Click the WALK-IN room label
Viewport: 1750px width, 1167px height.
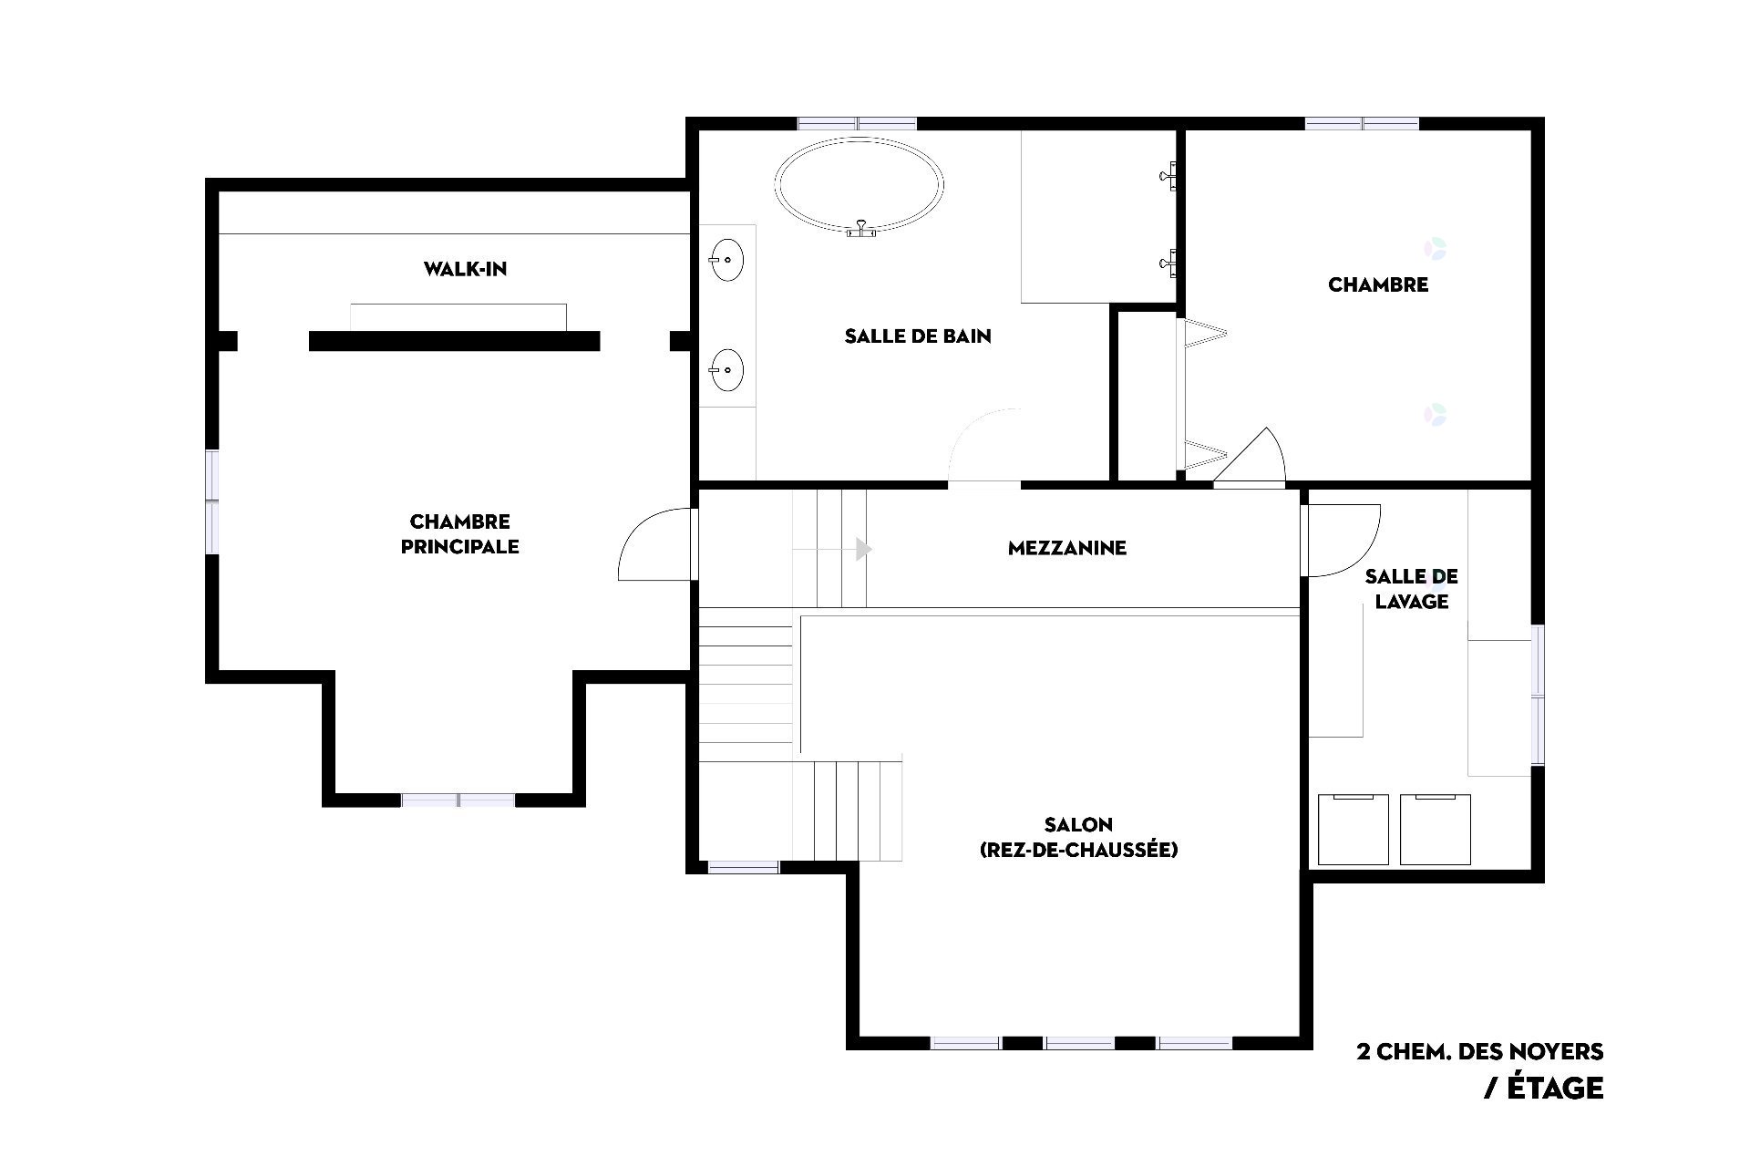(x=465, y=269)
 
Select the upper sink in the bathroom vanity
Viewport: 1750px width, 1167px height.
(x=726, y=259)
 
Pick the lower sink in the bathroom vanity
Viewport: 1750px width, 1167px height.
(x=726, y=370)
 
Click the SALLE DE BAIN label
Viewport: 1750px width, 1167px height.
(x=918, y=336)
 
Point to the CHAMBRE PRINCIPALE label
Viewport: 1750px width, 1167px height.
(x=460, y=533)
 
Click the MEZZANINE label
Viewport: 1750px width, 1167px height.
(x=1067, y=548)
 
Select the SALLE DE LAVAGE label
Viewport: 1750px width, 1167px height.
(x=1411, y=588)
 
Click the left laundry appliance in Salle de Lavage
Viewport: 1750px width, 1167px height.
(x=1354, y=830)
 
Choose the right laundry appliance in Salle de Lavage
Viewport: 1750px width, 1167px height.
(x=1436, y=830)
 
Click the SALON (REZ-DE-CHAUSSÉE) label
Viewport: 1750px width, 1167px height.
(x=1078, y=837)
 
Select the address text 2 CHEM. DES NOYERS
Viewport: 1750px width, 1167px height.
(x=1480, y=1051)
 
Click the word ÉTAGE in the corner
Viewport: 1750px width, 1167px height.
(x=1555, y=1088)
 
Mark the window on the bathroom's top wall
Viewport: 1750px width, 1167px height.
(x=857, y=123)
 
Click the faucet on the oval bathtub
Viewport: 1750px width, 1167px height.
(x=860, y=230)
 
